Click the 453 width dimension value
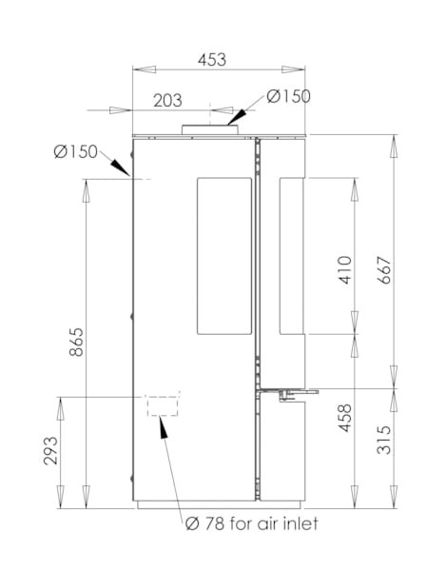(x=212, y=60)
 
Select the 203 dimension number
(x=167, y=101)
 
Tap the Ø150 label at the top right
(x=288, y=96)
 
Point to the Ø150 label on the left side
(x=76, y=151)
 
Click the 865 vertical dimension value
(x=76, y=343)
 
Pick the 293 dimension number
(x=50, y=451)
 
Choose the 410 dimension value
(x=345, y=270)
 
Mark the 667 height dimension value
(x=384, y=270)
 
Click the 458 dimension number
(x=345, y=418)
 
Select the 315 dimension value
(x=384, y=440)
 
